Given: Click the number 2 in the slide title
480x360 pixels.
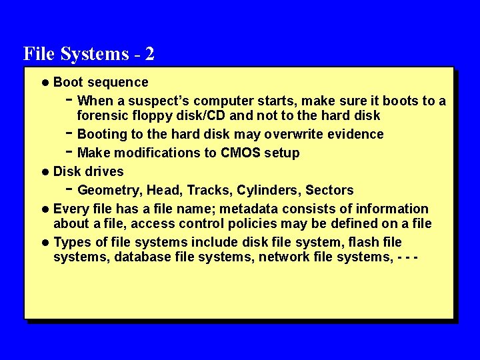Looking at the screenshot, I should [149, 53].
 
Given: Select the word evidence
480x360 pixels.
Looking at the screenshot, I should [354, 134].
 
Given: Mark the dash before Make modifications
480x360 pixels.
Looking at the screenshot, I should [70, 151].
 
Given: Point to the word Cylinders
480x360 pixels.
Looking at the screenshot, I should [266, 190].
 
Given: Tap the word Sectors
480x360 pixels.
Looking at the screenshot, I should [329, 190].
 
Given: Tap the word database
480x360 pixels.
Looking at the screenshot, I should [142, 257].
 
